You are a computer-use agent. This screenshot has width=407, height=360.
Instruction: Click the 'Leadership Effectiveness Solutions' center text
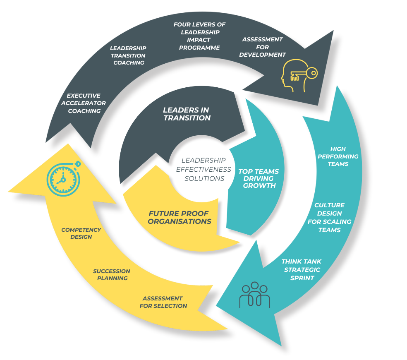(x=203, y=169)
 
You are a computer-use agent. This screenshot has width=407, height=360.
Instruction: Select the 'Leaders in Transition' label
(x=187, y=114)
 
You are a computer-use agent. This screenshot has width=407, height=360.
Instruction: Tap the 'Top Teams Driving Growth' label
(x=259, y=178)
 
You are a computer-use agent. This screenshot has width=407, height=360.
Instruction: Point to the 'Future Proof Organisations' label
(x=180, y=217)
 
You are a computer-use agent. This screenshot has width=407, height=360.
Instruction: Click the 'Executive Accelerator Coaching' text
(x=84, y=103)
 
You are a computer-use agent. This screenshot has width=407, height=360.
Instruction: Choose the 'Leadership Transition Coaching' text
(x=128, y=55)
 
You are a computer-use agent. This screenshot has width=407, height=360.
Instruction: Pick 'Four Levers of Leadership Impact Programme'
(x=199, y=36)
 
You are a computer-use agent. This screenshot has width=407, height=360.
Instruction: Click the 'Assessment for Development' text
(x=262, y=47)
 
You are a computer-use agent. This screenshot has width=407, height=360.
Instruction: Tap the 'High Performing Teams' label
(x=338, y=156)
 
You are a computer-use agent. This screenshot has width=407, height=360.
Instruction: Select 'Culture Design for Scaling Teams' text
(x=329, y=217)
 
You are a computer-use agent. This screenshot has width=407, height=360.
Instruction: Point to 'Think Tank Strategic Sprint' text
(x=302, y=270)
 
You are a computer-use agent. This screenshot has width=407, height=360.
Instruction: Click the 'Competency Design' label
(x=81, y=233)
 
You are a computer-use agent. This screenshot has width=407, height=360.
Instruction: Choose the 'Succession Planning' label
(x=112, y=274)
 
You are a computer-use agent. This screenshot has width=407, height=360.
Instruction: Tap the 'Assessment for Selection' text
(x=163, y=302)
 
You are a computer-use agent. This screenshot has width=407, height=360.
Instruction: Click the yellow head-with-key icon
(x=299, y=76)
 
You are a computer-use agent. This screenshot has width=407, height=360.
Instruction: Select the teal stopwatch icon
(x=64, y=178)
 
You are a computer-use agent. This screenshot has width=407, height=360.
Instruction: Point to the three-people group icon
(x=255, y=295)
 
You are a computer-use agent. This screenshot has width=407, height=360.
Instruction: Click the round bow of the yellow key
(x=312, y=73)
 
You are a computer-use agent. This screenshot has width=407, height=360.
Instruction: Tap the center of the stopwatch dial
(x=63, y=180)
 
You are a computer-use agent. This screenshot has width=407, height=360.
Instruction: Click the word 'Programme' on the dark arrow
(x=199, y=48)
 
